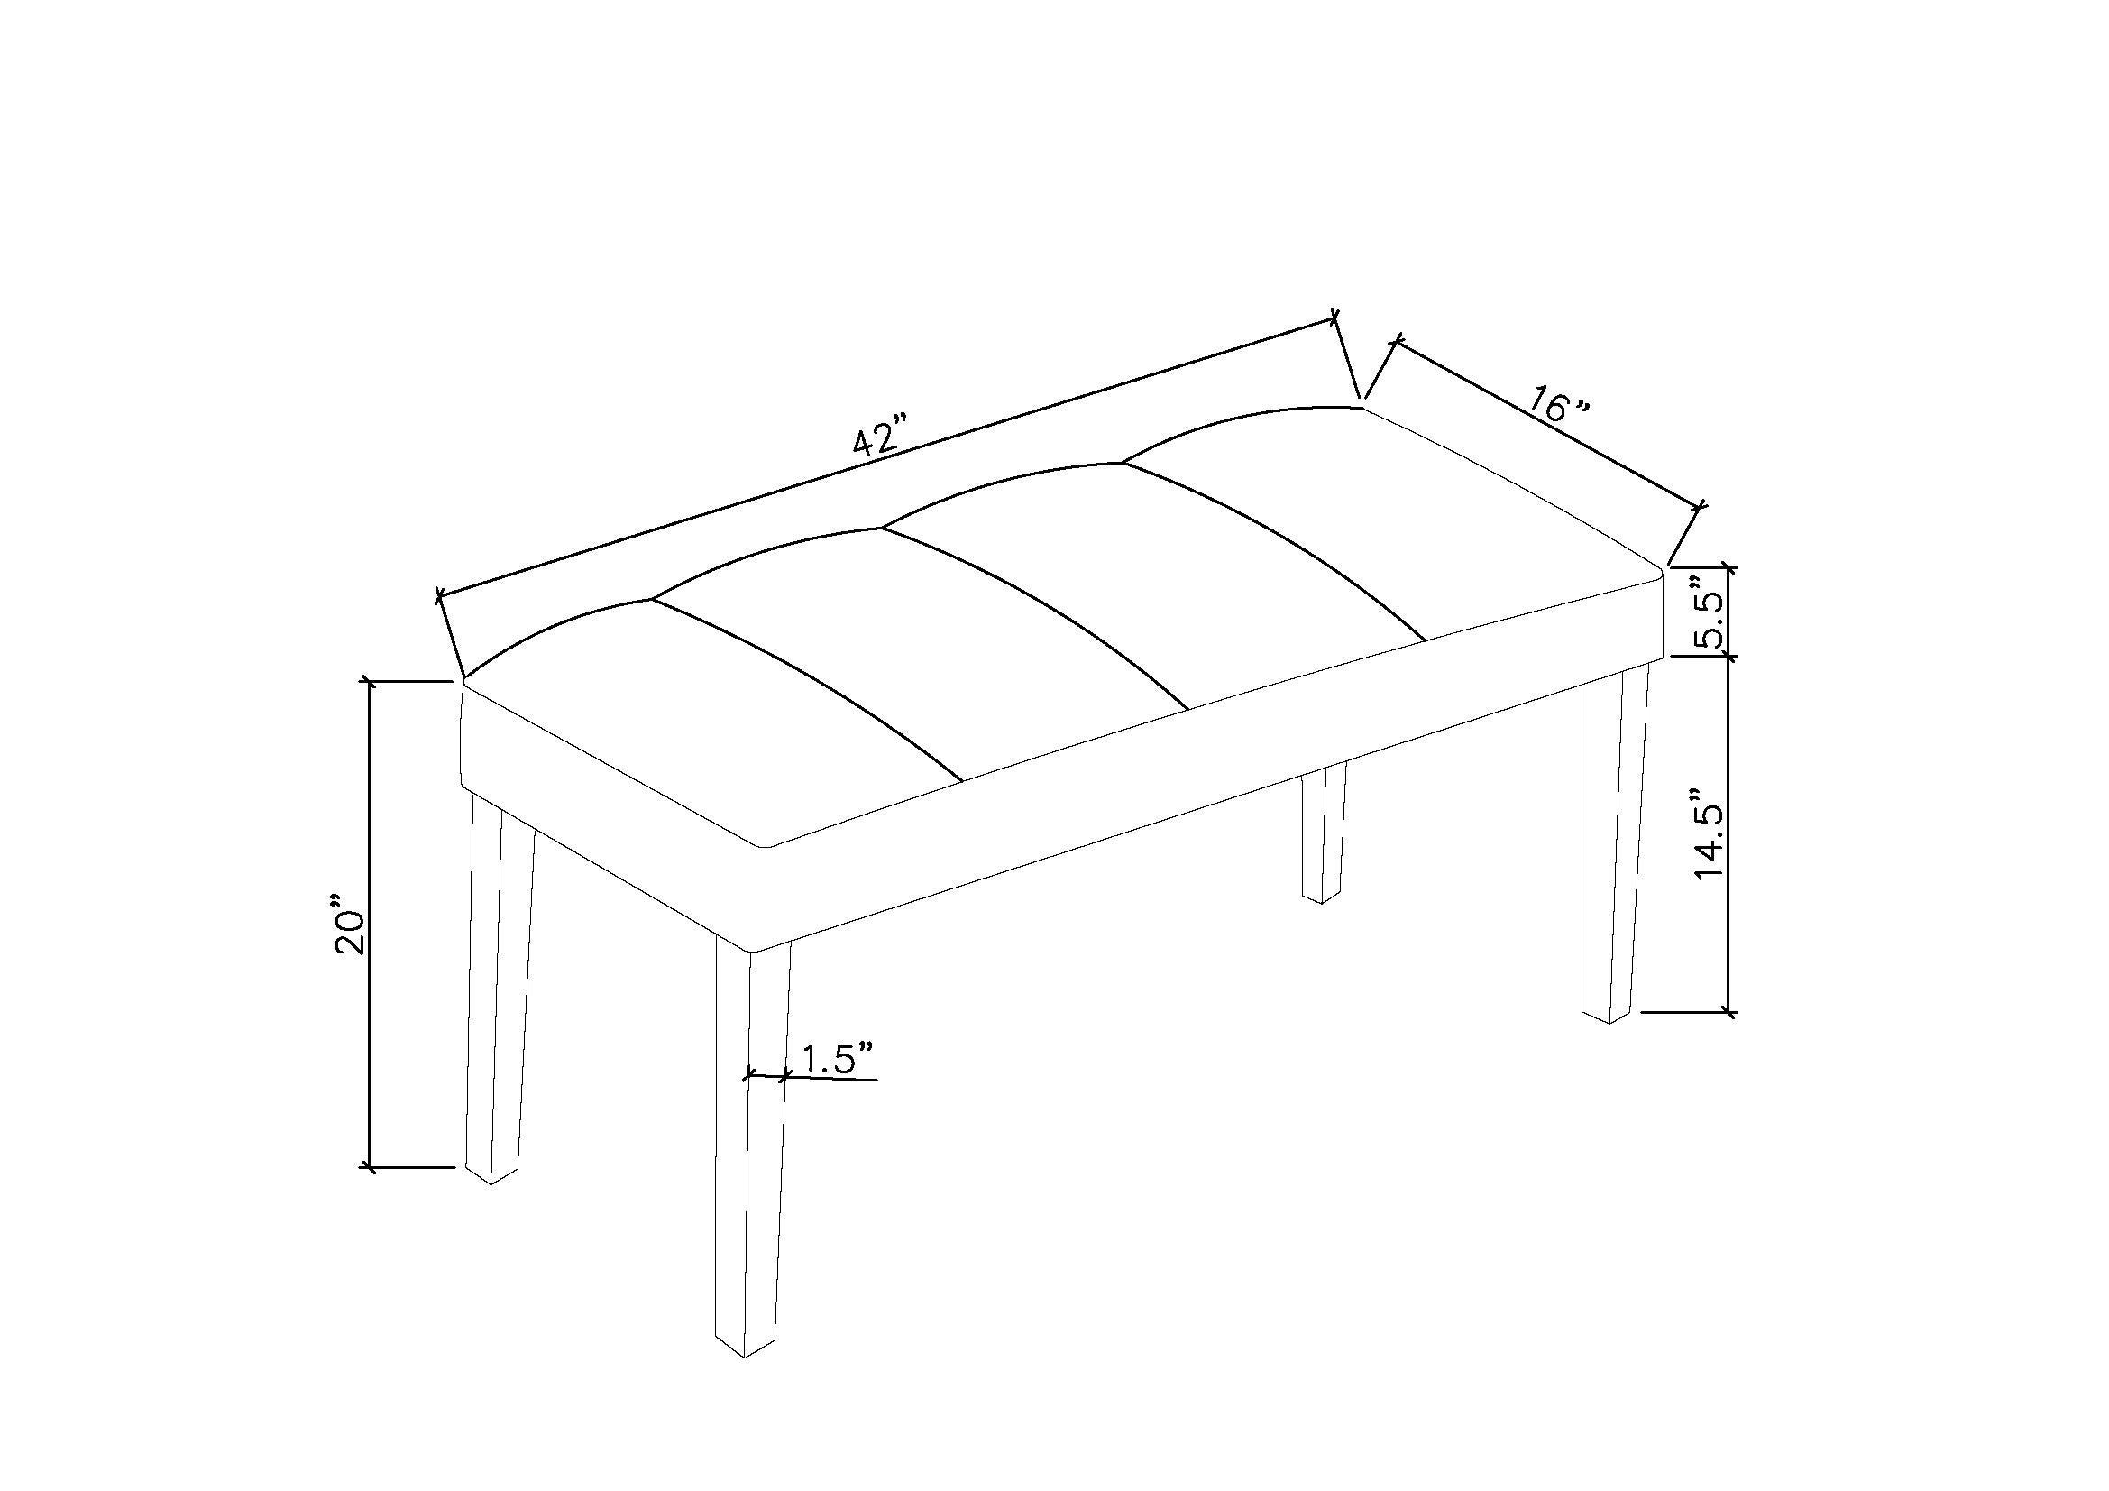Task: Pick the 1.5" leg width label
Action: (x=837, y=1058)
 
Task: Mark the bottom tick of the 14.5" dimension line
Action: (x=1729, y=1013)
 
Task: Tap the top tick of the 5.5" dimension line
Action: (x=1729, y=567)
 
